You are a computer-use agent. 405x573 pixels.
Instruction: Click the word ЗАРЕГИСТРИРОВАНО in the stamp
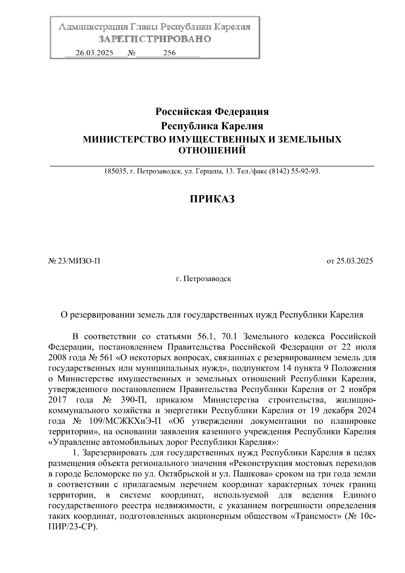[155, 39]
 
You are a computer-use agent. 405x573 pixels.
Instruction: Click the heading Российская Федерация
[212, 111]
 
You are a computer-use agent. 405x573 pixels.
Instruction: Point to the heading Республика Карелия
[212, 126]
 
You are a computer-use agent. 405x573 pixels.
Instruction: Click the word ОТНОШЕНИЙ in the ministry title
[212, 151]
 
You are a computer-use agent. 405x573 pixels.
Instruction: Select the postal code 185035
[114, 172]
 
